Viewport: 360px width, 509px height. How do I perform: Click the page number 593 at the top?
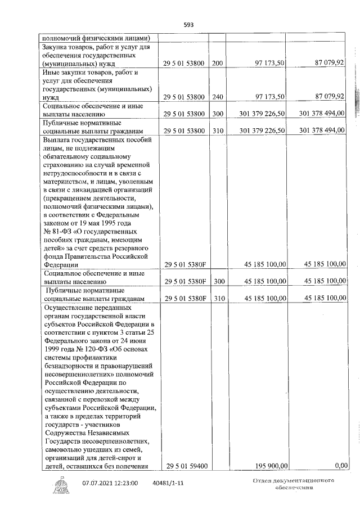[x=188, y=25]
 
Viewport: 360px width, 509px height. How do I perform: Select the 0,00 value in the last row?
[x=339, y=466]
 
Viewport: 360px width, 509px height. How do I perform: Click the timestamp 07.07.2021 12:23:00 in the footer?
[x=110, y=483]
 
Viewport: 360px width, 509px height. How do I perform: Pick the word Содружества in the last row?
[x=67, y=434]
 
